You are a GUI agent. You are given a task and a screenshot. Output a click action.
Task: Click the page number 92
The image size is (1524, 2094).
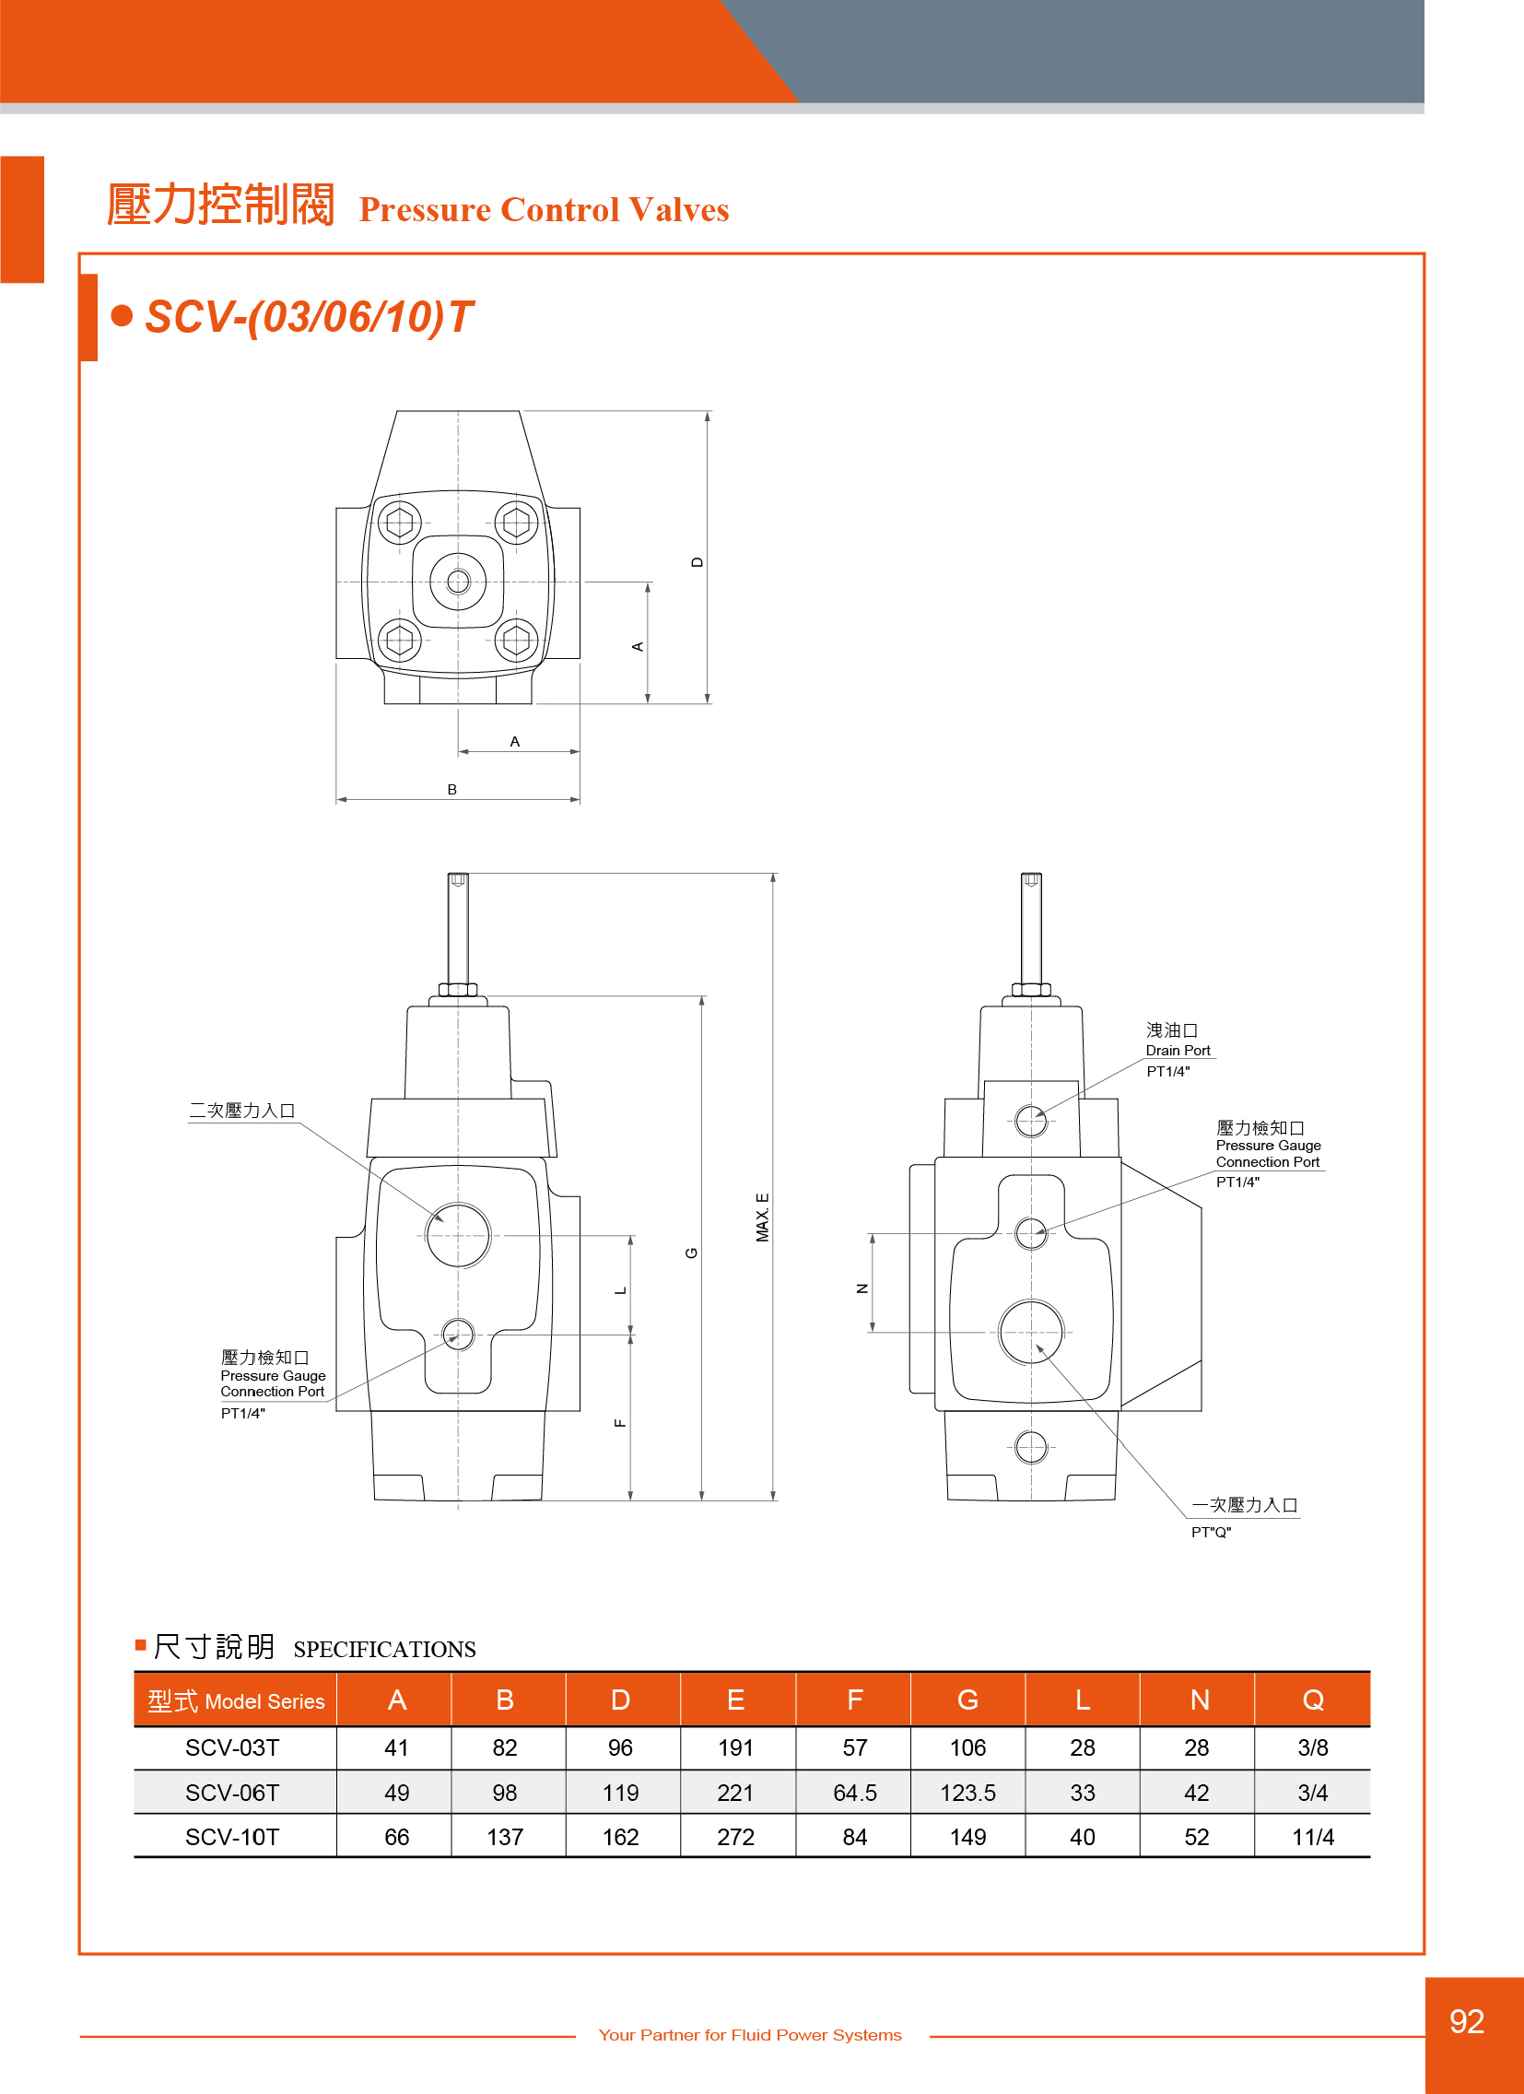click(x=1467, y=2021)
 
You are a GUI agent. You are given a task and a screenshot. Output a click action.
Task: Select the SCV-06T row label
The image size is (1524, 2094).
click(x=231, y=1792)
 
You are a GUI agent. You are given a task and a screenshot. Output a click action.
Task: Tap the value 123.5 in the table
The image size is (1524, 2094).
click(x=967, y=1792)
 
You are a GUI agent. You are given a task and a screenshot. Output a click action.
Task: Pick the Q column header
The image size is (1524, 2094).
click(x=1313, y=1700)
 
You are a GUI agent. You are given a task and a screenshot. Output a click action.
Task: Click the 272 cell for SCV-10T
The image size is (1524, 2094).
click(x=735, y=1837)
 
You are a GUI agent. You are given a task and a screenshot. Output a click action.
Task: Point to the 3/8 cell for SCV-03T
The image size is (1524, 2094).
click(x=1313, y=1747)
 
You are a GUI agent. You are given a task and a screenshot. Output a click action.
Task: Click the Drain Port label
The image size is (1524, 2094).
click(x=1178, y=1050)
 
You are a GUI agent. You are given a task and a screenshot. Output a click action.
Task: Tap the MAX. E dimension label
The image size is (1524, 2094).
click(x=763, y=1218)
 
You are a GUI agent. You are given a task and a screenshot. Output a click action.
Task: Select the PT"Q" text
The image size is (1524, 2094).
click(x=1211, y=1532)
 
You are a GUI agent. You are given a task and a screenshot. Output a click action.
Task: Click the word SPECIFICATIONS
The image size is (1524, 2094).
click(x=384, y=1649)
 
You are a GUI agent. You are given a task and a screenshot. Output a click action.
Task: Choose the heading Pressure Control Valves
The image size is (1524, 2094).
click(x=544, y=209)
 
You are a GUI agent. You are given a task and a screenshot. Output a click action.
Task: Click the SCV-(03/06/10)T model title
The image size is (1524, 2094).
click(x=310, y=317)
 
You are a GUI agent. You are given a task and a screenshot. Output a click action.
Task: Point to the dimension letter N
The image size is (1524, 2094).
click(x=862, y=1288)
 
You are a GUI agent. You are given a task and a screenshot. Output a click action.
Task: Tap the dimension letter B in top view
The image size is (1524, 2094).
click(x=451, y=790)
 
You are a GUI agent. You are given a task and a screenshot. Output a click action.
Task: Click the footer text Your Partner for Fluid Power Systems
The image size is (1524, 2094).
click(x=749, y=2034)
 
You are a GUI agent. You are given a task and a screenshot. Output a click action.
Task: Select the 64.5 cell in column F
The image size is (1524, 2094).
click(x=855, y=1792)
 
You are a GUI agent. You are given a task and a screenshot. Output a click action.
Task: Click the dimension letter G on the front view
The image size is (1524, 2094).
click(x=691, y=1253)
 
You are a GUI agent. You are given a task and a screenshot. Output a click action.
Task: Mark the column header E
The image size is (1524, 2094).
click(x=735, y=1700)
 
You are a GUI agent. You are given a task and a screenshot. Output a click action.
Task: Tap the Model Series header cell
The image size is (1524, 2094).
click(x=236, y=1700)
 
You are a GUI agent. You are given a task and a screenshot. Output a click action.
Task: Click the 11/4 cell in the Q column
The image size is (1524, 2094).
click(x=1313, y=1837)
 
